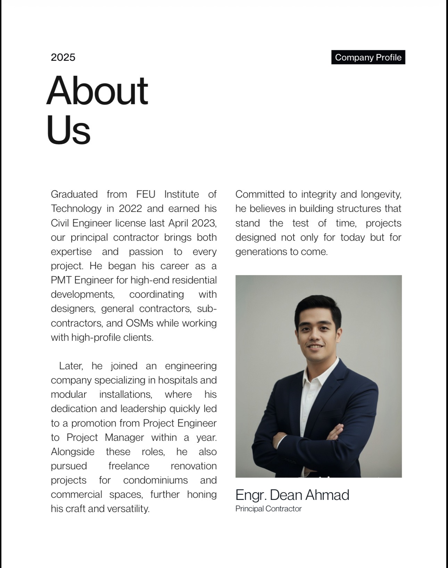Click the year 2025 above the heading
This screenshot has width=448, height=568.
tap(63, 57)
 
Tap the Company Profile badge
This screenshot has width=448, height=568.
tap(368, 57)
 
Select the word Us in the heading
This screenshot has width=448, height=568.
tap(68, 130)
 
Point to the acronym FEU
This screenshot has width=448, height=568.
tap(146, 194)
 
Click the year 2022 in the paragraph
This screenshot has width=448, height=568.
tap(130, 208)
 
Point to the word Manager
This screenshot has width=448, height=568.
tap(124, 437)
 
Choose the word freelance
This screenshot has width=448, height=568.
tap(129, 466)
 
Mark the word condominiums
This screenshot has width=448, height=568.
tap(155, 480)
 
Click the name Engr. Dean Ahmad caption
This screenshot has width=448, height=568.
tap(292, 495)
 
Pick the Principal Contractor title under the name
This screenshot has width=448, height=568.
tap(268, 509)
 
